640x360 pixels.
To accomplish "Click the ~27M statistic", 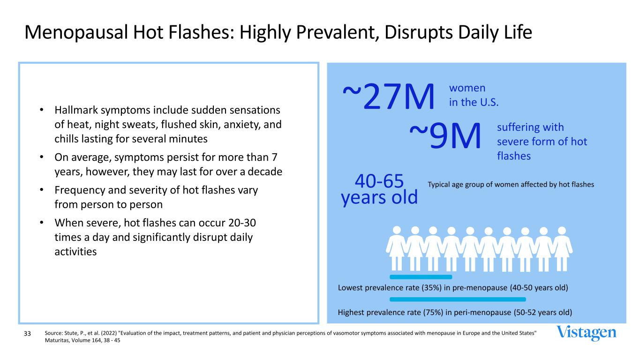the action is (x=389, y=96).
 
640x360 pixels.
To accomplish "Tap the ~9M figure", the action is (x=445, y=135).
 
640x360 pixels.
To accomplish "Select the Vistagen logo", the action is (x=586, y=333).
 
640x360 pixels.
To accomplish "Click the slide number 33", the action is (x=27, y=333).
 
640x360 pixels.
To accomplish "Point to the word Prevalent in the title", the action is (x=335, y=32).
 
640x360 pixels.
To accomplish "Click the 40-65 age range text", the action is (x=379, y=181).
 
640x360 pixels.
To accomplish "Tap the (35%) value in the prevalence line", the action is (x=431, y=287).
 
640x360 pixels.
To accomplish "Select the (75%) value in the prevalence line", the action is (x=433, y=312).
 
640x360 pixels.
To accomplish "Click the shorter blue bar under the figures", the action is (x=421, y=277).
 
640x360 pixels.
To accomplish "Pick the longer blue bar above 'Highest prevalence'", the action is (x=458, y=300).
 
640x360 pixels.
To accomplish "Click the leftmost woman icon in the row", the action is (x=397, y=248).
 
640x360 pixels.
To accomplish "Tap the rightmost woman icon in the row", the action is (x=562, y=248).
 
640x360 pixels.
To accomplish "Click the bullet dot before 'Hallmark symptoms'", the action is (x=42, y=110).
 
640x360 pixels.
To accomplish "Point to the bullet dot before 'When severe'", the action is (x=42, y=223).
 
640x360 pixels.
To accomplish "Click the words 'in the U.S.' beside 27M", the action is (x=474, y=102).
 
